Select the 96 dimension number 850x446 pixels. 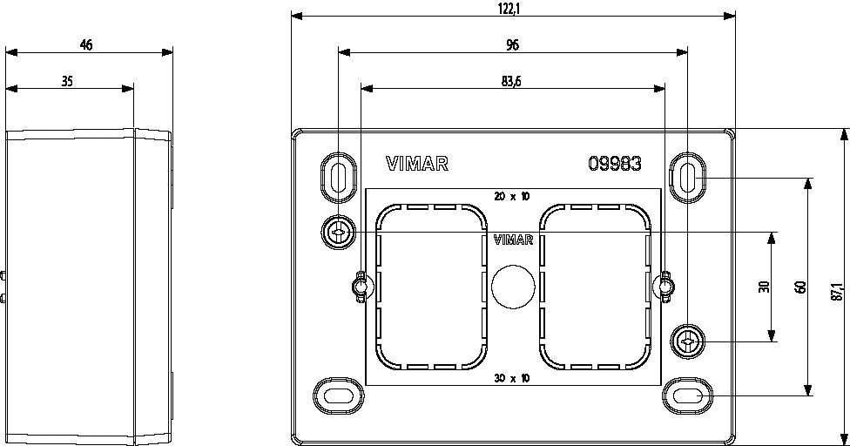tap(512, 46)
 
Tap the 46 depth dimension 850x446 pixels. tap(86, 45)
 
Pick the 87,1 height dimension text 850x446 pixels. tap(836, 293)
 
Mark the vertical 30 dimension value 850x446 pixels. tap(764, 287)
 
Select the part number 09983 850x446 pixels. tap(615, 164)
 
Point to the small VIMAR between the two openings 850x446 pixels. tap(513, 240)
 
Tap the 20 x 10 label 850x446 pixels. tap(512, 197)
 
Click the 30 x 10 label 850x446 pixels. tap(512, 377)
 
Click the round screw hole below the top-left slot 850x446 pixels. tap(337, 232)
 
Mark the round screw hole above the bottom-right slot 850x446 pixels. tap(687, 341)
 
